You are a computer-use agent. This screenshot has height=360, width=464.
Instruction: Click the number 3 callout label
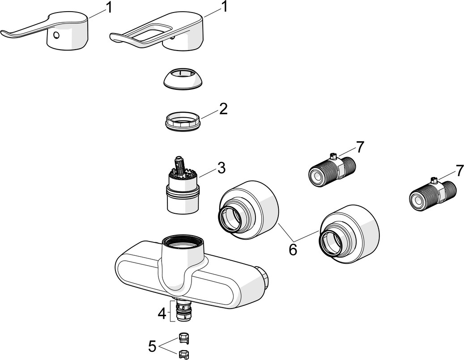[221, 169]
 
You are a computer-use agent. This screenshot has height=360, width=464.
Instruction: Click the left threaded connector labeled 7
[331, 169]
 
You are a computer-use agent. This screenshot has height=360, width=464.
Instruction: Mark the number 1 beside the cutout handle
[225, 7]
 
